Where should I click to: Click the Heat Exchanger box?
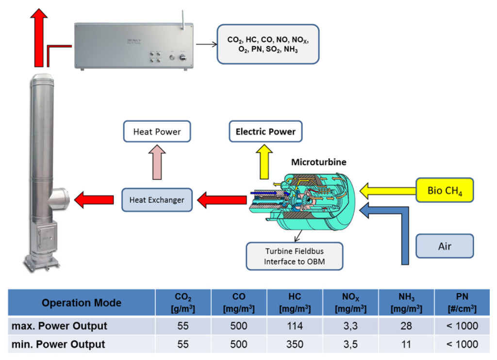coord(156,200)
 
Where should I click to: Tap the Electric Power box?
coord(265,131)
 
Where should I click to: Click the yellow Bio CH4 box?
coord(444,190)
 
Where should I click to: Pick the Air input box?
coord(444,246)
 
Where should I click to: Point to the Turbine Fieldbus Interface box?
coord(294,256)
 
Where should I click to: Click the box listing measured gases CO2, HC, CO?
coord(267,44)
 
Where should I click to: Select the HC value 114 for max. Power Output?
coord(294,326)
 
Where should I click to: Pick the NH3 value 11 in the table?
coord(406,344)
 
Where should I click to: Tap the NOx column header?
coord(350,303)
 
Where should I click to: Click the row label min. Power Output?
coord(58,344)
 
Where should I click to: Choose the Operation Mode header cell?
coord(81,303)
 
